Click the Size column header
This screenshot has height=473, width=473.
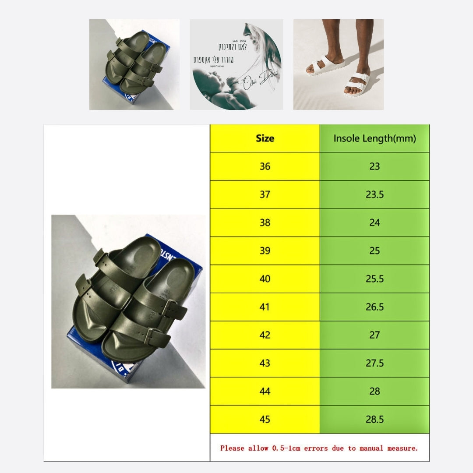[x=265, y=138]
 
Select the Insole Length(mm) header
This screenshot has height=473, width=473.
[x=374, y=138]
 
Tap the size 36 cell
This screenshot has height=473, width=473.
[x=265, y=166]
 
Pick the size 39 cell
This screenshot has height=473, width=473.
[x=265, y=251]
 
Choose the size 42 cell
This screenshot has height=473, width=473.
[x=265, y=335]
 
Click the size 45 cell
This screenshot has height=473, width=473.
[x=265, y=419]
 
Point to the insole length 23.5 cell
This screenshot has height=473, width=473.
[x=374, y=194]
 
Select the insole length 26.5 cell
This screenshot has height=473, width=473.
[x=374, y=307]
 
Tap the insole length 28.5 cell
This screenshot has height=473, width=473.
[x=374, y=419]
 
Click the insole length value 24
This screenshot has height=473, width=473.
[x=374, y=222]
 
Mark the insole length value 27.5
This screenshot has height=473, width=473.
[x=374, y=363]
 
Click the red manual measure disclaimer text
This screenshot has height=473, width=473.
[x=319, y=448]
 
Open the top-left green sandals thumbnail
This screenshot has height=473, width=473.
[x=134, y=64]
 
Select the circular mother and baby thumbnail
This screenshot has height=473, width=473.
[x=236, y=64]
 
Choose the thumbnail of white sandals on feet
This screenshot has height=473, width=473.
[x=338, y=64]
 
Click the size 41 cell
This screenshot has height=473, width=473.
[x=265, y=307]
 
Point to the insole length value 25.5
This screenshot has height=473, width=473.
[x=374, y=279]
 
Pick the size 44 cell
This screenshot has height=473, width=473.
[x=265, y=391]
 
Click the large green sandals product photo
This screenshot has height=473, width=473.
[x=128, y=301]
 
